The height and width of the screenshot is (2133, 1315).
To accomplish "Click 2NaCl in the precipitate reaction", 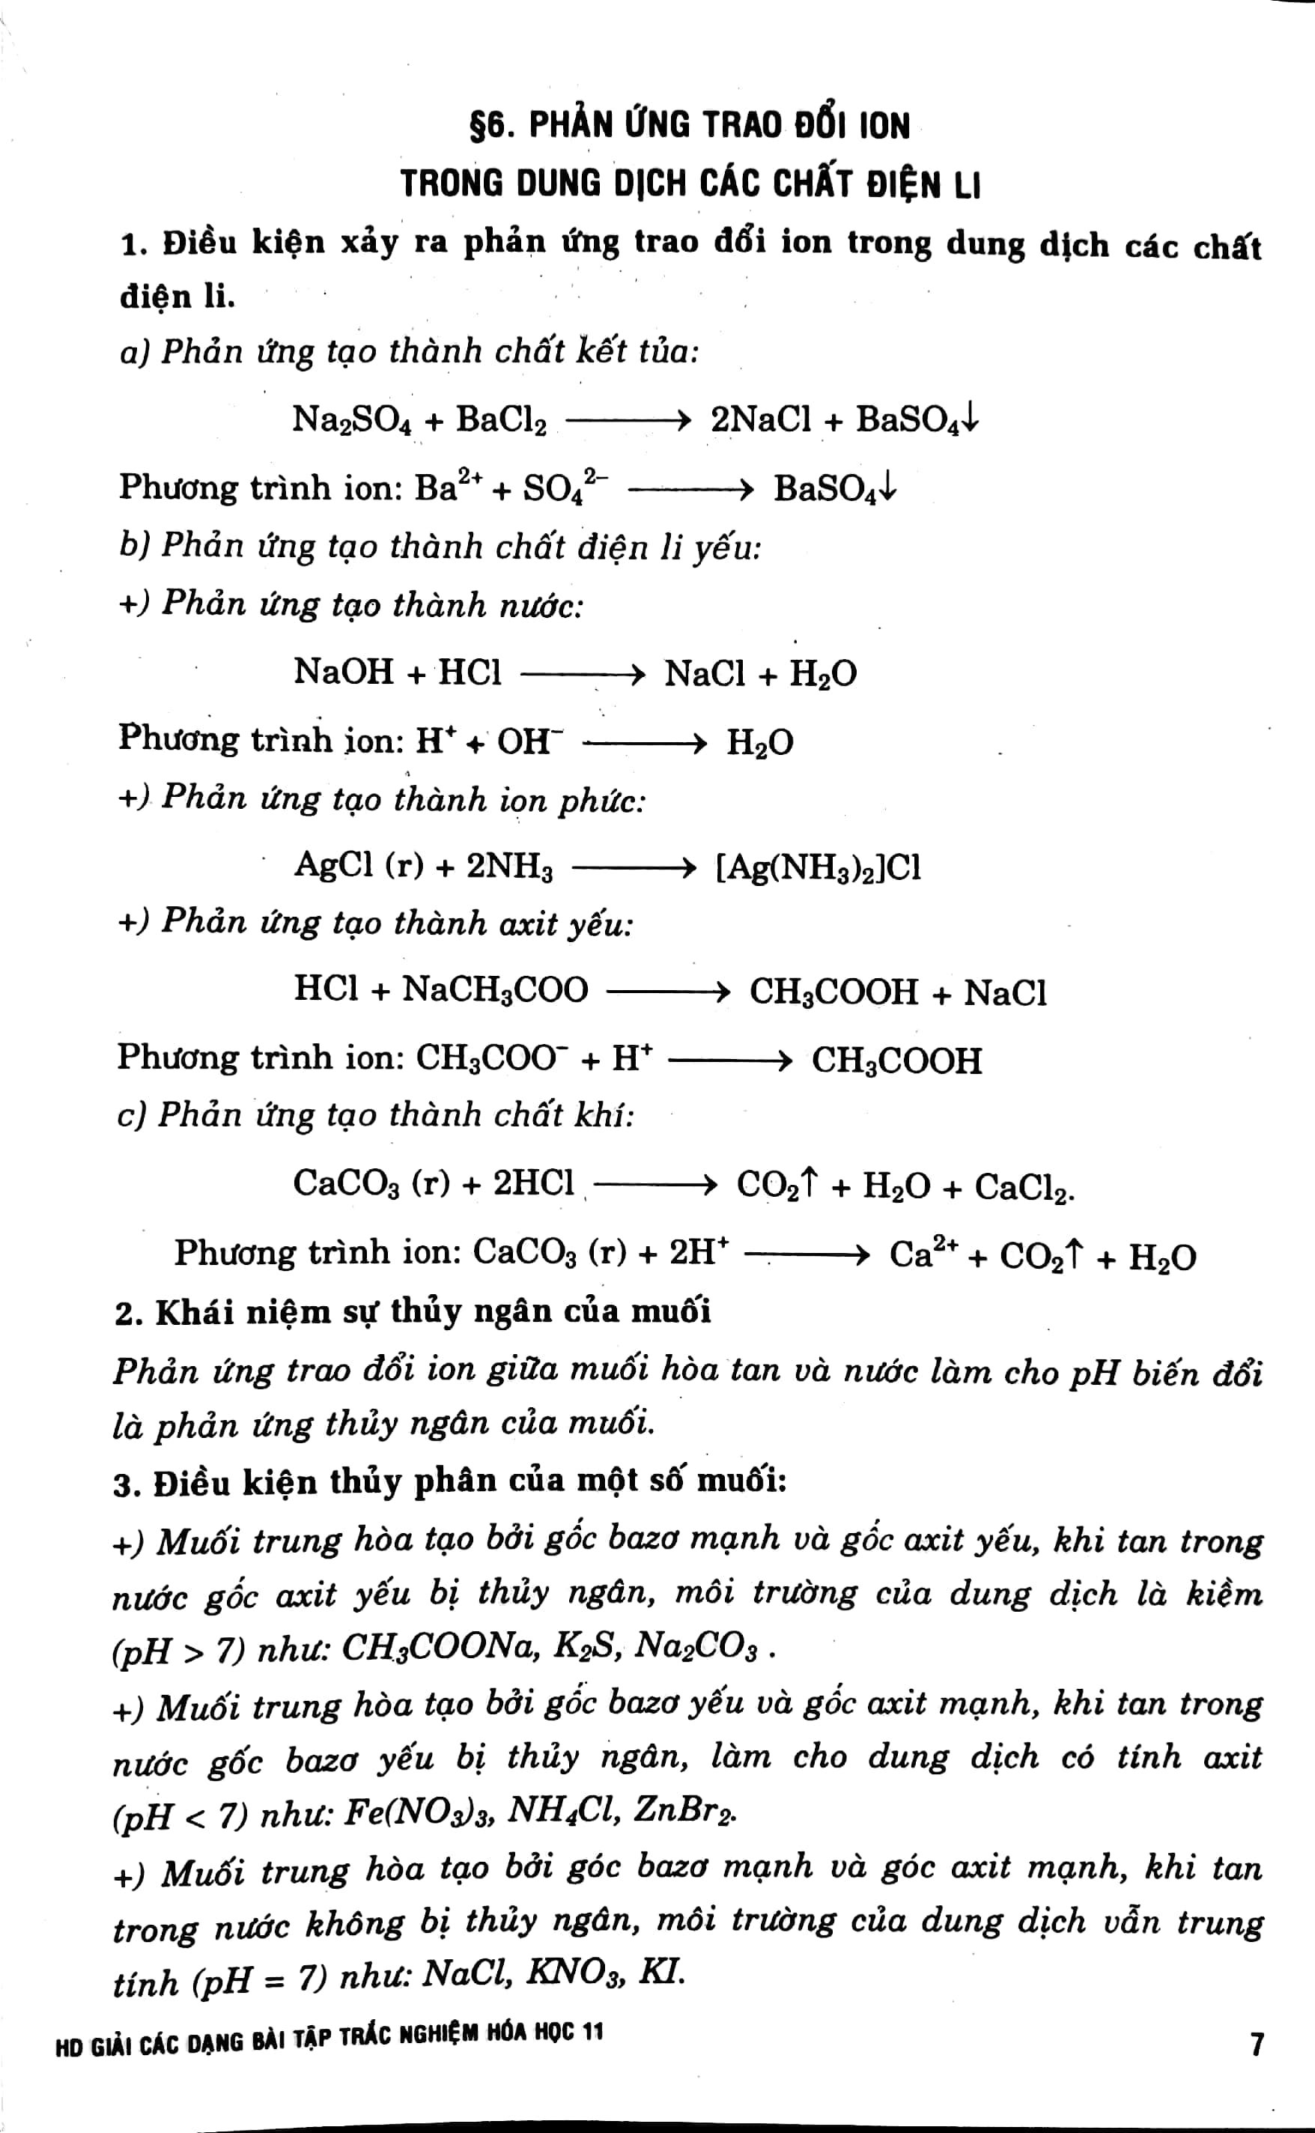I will [x=760, y=420].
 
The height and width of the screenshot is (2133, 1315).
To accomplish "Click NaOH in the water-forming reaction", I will [x=344, y=672].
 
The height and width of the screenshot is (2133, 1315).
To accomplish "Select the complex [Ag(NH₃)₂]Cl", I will [x=818, y=867].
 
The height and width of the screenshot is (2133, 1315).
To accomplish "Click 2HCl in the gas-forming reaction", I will [x=533, y=1183].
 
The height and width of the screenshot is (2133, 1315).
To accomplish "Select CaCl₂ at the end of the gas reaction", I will [x=1023, y=1187].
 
